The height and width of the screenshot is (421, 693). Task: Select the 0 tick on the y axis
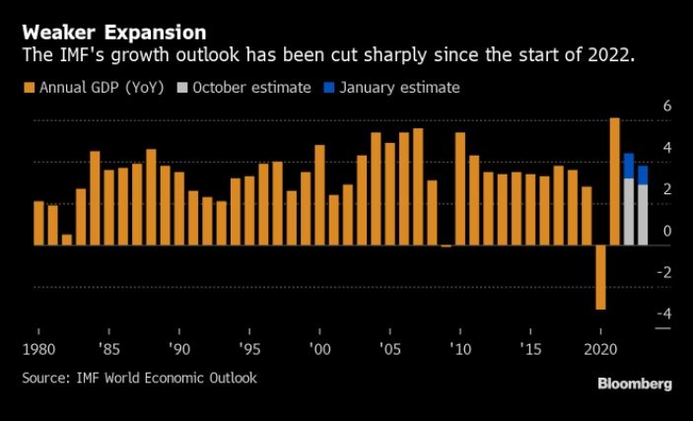click(x=666, y=232)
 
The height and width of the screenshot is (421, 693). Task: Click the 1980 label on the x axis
click(x=39, y=349)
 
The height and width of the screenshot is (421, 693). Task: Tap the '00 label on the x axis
click(x=317, y=349)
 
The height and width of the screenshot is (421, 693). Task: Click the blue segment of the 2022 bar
click(x=629, y=166)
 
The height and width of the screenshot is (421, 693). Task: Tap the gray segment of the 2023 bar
click(x=643, y=214)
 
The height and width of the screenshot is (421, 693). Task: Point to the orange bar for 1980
click(x=39, y=223)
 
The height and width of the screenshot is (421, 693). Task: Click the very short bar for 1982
click(x=67, y=240)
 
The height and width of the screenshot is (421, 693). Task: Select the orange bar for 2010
click(x=460, y=188)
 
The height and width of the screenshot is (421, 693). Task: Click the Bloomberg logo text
click(x=634, y=384)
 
